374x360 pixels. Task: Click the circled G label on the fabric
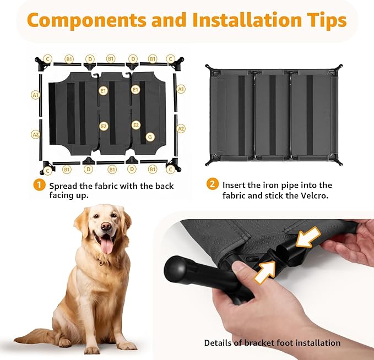coord(150,137)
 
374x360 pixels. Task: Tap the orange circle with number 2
coord(212,184)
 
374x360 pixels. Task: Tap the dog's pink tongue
coord(106,244)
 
